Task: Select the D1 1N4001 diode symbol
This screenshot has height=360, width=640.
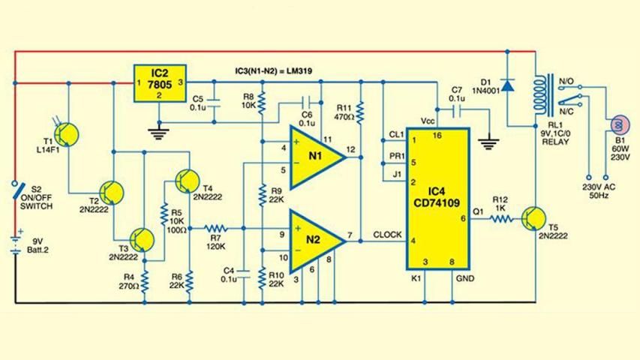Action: [x=507, y=85]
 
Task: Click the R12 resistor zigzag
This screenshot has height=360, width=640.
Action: [x=500, y=219]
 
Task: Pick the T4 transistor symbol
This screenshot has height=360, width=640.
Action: [x=186, y=180]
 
